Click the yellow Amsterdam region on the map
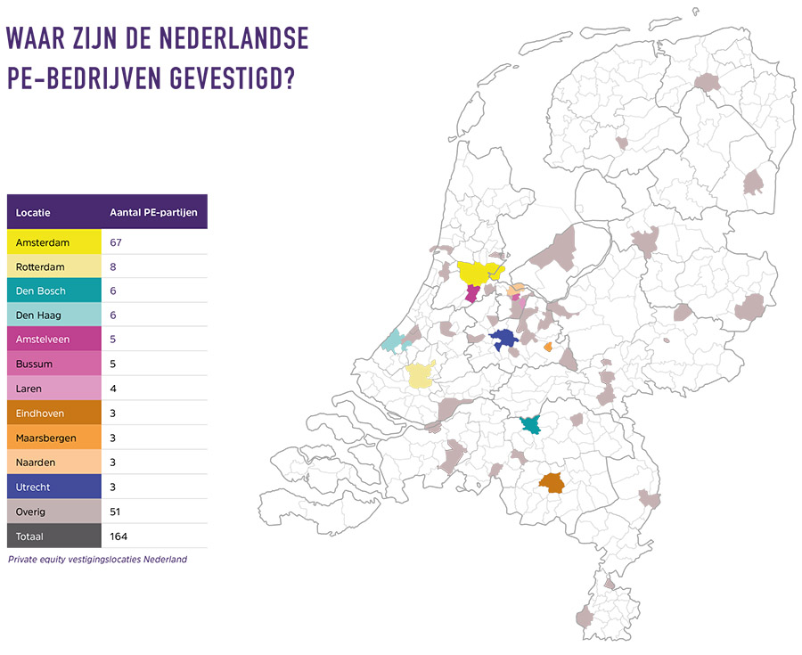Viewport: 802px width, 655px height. click(479, 271)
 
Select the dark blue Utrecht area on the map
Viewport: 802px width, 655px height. click(505, 339)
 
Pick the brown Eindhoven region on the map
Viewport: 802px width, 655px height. click(552, 483)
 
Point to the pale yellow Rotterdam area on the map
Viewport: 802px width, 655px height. click(420, 375)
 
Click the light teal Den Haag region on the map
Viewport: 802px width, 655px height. click(393, 340)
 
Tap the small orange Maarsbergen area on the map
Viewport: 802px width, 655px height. click(548, 348)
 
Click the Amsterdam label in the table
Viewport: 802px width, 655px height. click(43, 242)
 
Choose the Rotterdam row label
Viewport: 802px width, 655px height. click(41, 266)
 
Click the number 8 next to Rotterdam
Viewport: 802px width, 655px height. click(113, 266)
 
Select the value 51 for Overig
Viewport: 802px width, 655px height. click(115, 512)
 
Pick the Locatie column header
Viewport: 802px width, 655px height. click(33, 213)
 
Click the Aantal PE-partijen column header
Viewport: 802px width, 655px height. click(152, 213)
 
